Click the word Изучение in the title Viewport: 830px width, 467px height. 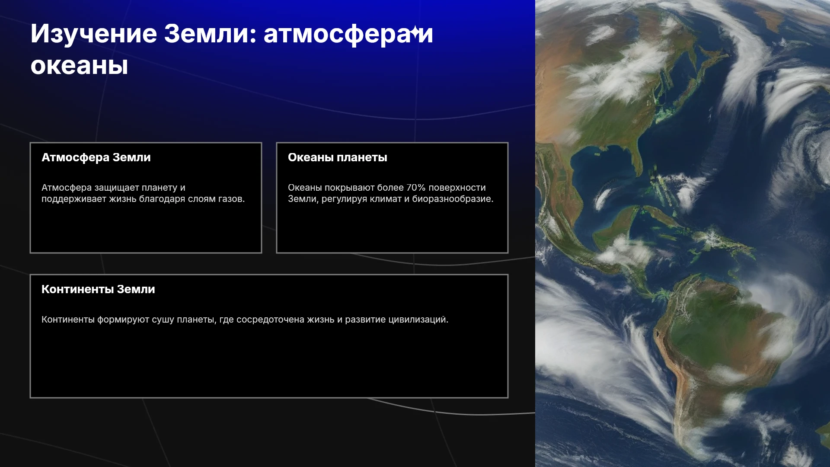point(94,34)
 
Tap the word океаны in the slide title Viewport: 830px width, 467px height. point(79,66)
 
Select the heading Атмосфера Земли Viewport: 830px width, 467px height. point(96,157)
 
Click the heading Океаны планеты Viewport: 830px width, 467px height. point(338,157)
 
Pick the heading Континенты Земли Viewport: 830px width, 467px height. point(98,289)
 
